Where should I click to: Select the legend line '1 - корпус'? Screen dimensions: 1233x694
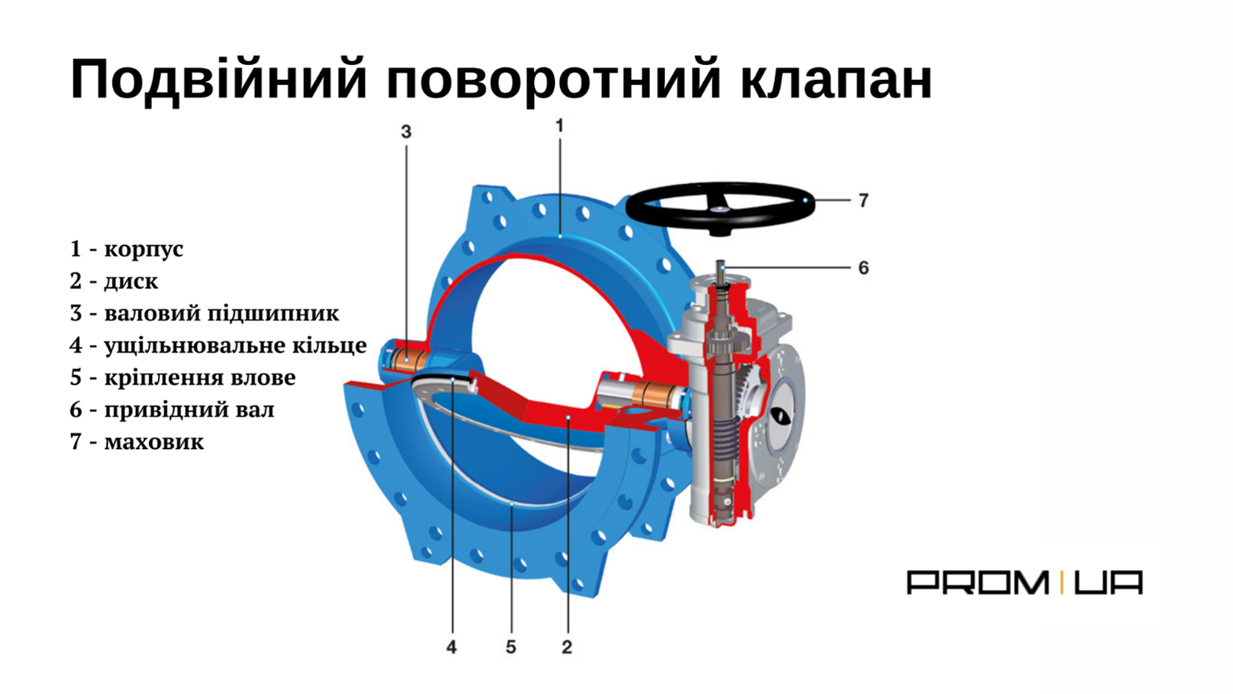click(x=127, y=249)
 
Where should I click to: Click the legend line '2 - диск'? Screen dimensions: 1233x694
click(x=114, y=282)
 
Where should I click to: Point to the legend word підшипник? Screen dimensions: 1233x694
click(x=273, y=314)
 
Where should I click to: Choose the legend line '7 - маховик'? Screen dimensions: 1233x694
click(x=137, y=442)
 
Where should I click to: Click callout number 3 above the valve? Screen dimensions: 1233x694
click(x=407, y=132)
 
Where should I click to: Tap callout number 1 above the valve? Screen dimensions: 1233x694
click(x=559, y=126)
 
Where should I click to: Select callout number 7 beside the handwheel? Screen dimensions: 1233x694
click(x=864, y=200)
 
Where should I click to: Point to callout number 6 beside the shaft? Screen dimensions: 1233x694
click(x=864, y=268)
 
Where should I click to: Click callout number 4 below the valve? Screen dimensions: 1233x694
click(x=452, y=647)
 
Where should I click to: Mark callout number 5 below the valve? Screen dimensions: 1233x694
click(x=511, y=647)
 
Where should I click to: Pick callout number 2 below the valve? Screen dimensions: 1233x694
click(x=567, y=647)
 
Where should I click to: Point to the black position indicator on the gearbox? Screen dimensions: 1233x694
click(x=781, y=416)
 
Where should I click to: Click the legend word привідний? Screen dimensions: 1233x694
click(x=156, y=410)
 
